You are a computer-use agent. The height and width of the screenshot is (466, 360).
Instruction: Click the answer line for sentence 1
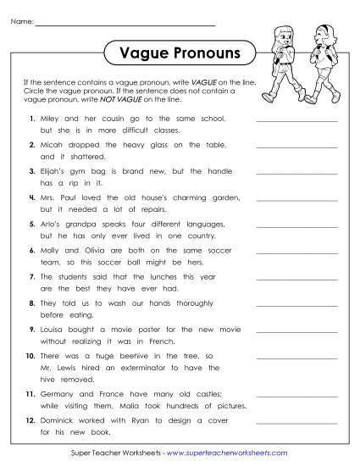(x=296, y=123)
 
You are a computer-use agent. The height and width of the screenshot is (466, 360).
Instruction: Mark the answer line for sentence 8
(x=296, y=307)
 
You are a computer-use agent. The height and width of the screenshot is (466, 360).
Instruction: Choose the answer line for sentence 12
(x=296, y=424)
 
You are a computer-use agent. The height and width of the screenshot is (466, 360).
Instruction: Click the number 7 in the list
(x=32, y=276)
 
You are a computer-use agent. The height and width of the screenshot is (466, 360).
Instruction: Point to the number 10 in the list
(x=30, y=355)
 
